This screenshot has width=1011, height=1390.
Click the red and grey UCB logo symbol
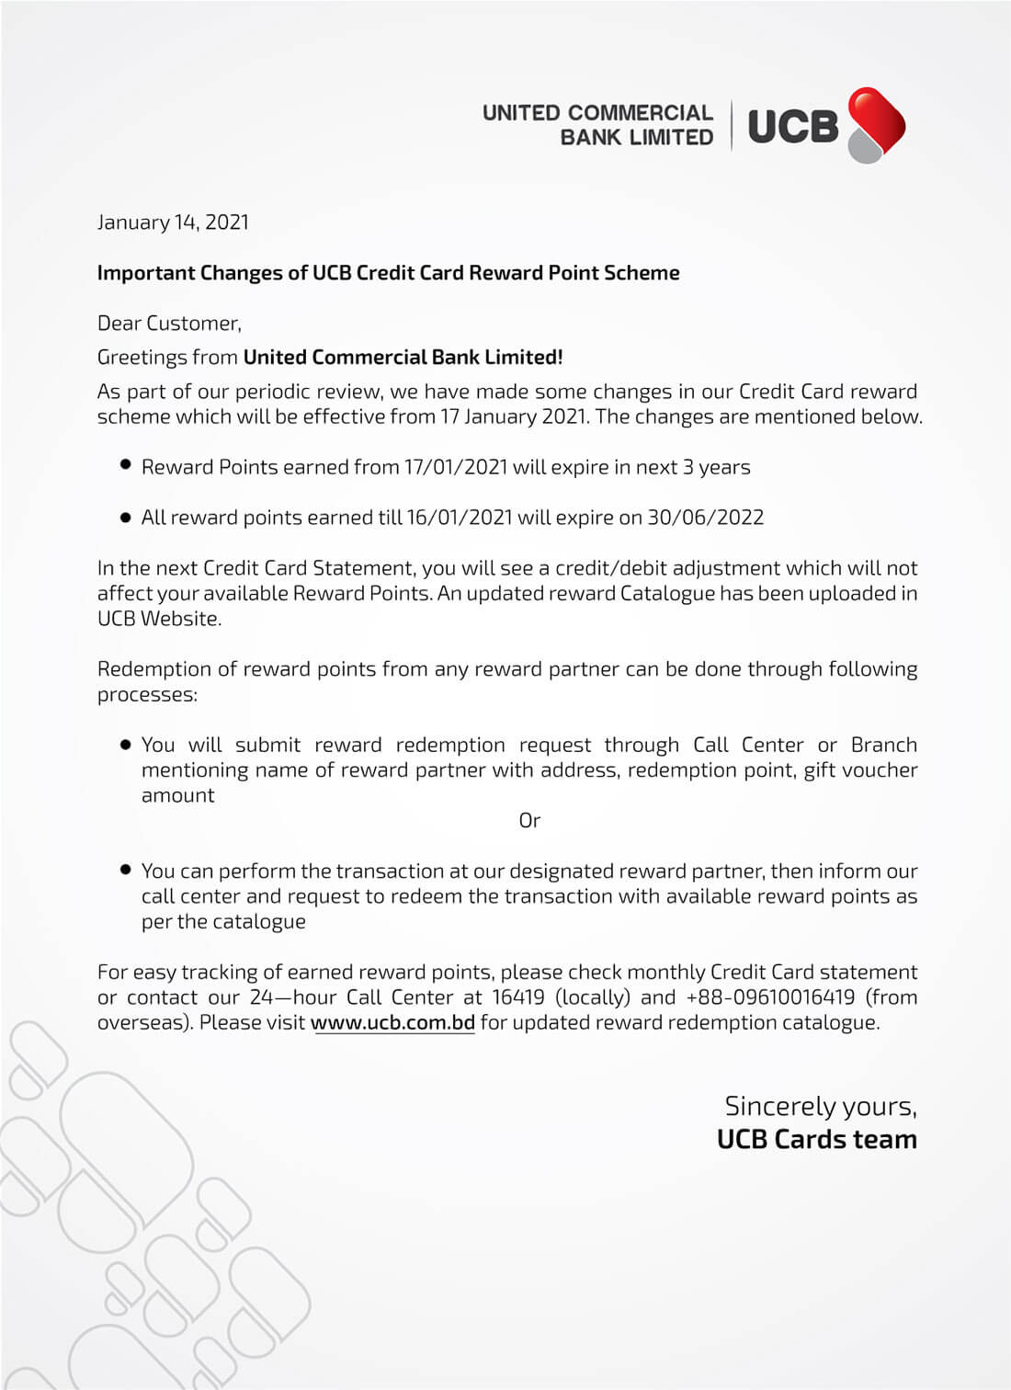[x=876, y=125]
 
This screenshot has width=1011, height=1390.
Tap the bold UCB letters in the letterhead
[x=793, y=127]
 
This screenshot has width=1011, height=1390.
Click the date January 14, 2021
[x=173, y=222]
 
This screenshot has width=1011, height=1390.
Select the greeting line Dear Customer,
[x=169, y=324]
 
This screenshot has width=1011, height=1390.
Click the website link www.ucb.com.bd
[x=392, y=1022]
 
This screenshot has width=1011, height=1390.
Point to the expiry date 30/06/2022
[x=705, y=518]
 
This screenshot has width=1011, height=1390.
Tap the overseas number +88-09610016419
[x=770, y=997]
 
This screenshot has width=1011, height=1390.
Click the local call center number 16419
[x=518, y=997]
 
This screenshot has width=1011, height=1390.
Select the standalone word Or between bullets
[x=529, y=821]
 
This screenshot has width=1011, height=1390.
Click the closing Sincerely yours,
[x=820, y=1106]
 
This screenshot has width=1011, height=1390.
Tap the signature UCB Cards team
[x=816, y=1140]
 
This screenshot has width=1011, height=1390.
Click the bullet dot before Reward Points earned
[x=126, y=465]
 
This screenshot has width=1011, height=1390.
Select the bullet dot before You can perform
[x=126, y=869]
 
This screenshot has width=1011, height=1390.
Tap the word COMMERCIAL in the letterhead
[x=641, y=113]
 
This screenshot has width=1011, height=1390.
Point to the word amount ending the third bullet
[x=177, y=796]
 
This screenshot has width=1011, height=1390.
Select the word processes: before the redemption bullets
[x=147, y=695]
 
